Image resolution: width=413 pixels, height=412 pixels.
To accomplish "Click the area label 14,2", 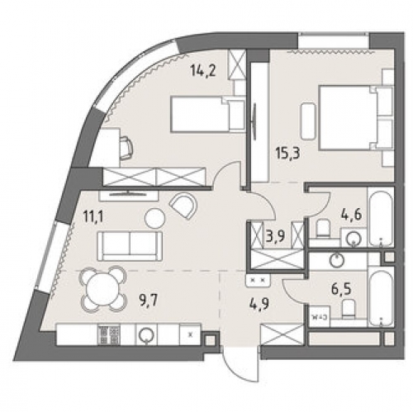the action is (x=203, y=71).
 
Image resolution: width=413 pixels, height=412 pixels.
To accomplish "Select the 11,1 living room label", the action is (x=93, y=217).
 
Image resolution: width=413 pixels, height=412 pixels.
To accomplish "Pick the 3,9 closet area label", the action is (x=275, y=235).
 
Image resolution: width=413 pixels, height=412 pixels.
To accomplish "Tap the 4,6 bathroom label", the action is (x=352, y=214).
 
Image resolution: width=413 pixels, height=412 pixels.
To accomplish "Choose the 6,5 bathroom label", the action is (x=342, y=289).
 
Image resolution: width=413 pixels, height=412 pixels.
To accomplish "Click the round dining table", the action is (x=102, y=289).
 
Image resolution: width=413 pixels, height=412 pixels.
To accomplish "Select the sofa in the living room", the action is (x=130, y=246).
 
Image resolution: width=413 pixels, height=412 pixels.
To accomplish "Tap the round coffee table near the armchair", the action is (x=154, y=218).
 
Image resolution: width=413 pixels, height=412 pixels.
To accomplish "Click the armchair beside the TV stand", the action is (x=183, y=206).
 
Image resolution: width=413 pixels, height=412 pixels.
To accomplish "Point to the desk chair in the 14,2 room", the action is (x=126, y=148).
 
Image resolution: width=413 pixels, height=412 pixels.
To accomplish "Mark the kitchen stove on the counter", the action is (x=109, y=334).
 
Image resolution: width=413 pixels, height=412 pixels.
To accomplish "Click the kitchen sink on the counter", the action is (x=146, y=334).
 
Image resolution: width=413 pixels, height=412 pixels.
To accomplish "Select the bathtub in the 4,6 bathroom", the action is (x=381, y=216).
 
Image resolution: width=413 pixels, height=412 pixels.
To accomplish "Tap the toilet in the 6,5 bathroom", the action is (x=349, y=309).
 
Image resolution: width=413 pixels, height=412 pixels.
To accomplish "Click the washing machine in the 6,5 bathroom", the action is (x=319, y=316).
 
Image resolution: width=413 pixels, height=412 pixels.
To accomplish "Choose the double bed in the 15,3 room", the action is (x=355, y=118).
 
